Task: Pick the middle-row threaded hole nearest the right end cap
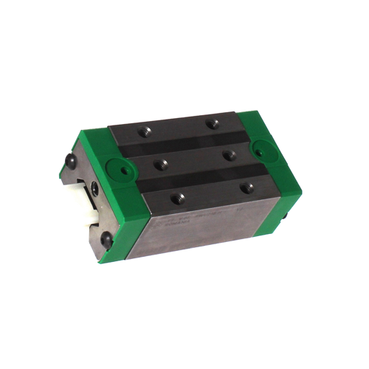(x=229, y=155)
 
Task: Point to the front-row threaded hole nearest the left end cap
(x=177, y=196)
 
